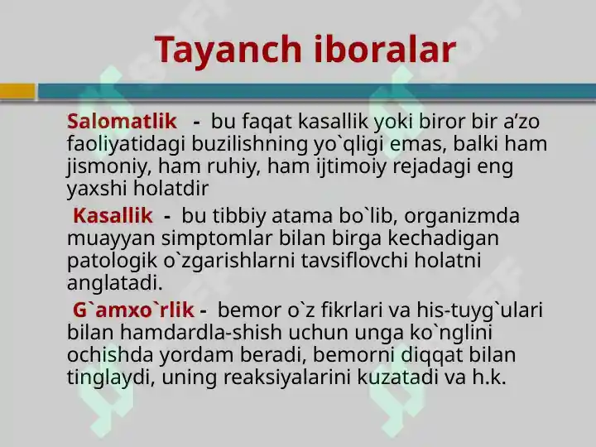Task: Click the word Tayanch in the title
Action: pyautogui.click(x=228, y=50)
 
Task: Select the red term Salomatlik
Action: pyautogui.click(x=122, y=121)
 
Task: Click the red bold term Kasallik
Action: pyautogui.click(x=113, y=215)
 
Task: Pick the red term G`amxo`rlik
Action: pyautogui.click(x=133, y=310)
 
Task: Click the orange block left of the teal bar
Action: pyautogui.click(x=17, y=92)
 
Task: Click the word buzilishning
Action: pyautogui.click(x=249, y=145)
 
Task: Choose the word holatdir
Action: pyautogui.click(x=171, y=188)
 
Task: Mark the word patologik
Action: pyautogui.click(x=112, y=262)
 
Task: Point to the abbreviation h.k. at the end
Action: pyautogui.click(x=489, y=377)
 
